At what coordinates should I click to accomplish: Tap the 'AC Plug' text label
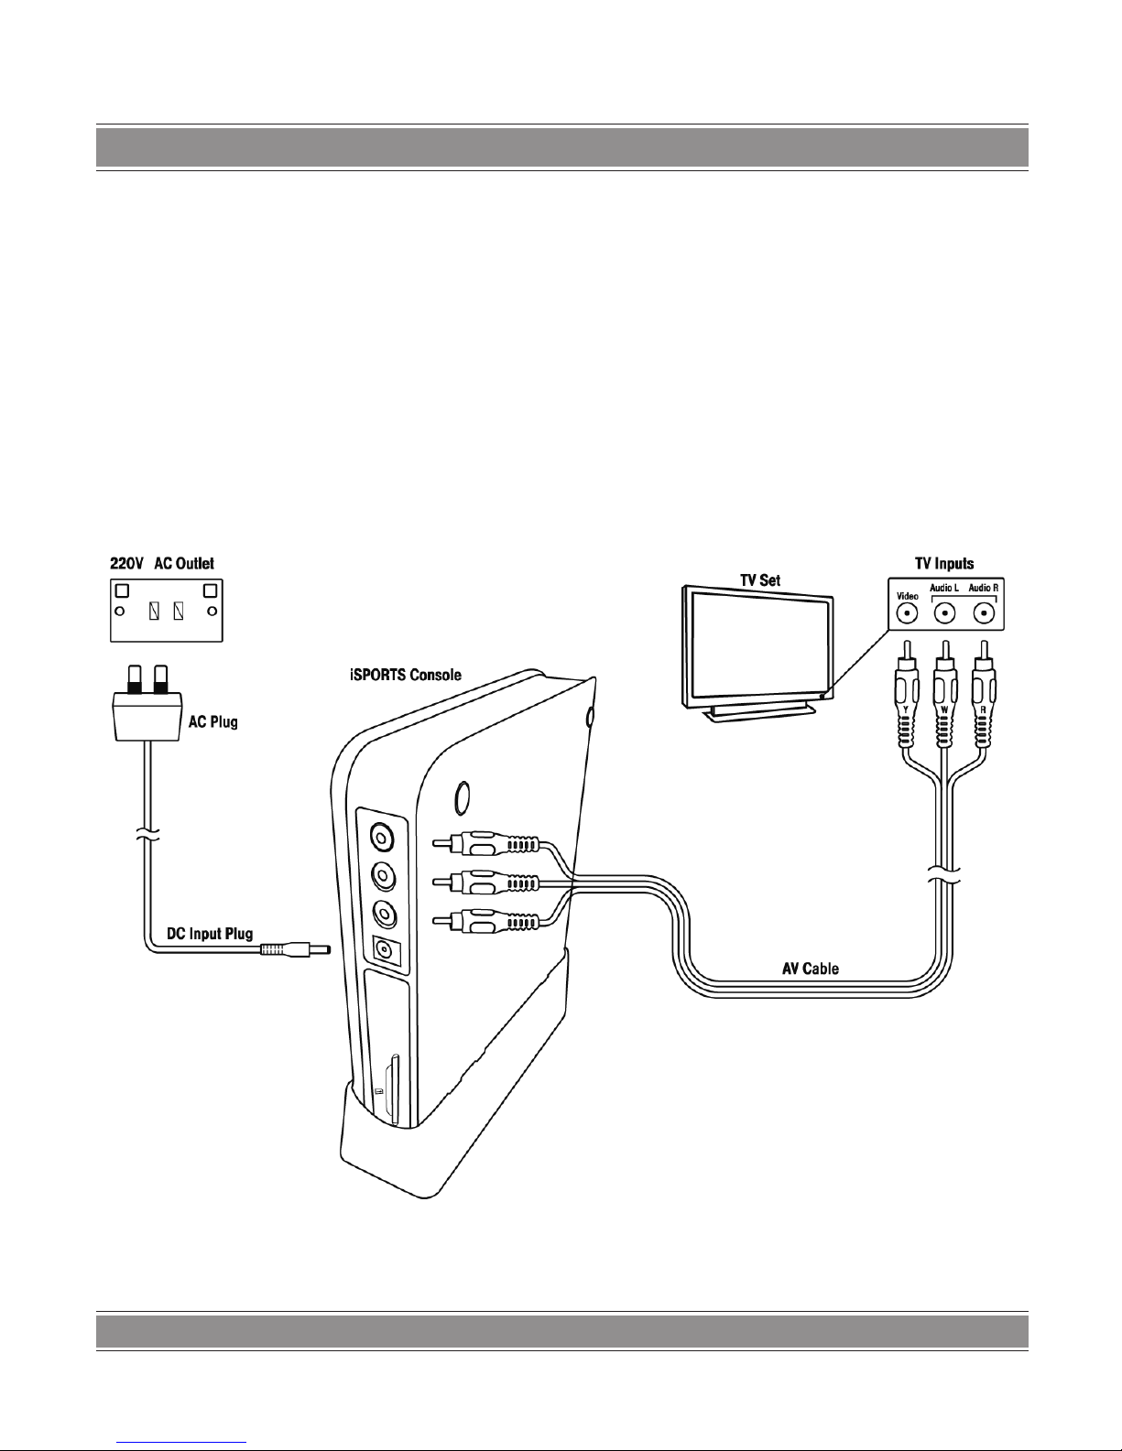coord(212,722)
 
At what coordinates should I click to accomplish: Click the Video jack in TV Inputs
coord(907,612)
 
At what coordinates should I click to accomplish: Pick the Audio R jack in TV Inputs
coord(983,612)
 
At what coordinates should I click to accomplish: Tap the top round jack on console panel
coord(382,836)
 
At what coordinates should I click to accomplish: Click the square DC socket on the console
coord(383,951)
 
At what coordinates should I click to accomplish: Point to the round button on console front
coord(463,797)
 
